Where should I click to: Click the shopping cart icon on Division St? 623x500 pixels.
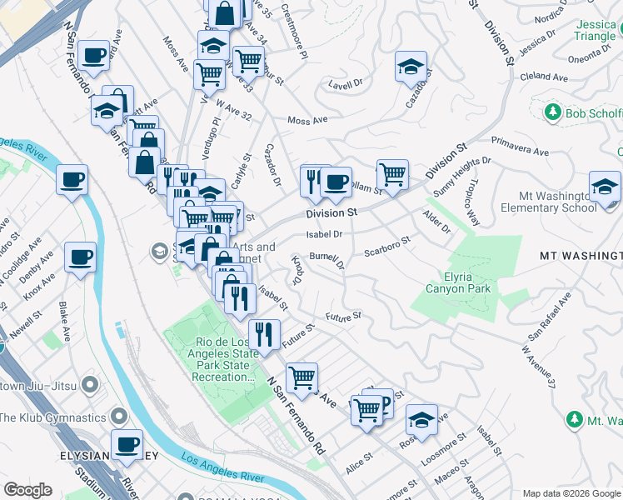coord(392,175)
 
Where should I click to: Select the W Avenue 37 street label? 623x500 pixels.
coord(537,367)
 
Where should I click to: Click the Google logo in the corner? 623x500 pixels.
coord(27,490)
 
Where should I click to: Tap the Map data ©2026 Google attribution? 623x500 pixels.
coord(571,493)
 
